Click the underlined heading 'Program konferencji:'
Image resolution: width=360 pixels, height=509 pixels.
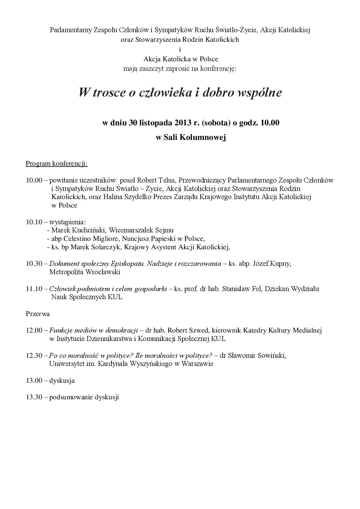tap(57, 164)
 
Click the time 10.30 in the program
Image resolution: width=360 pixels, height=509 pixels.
tap(34, 264)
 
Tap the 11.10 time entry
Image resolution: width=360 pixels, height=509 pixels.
tap(34, 289)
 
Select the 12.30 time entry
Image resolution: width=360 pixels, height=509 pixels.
tap(34, 355)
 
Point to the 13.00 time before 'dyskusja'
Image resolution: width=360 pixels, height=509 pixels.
tap(34, 380)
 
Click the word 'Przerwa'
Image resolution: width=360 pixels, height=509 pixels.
tap(38, 314)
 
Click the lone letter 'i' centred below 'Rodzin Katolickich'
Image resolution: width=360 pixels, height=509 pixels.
tap(180, 49)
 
